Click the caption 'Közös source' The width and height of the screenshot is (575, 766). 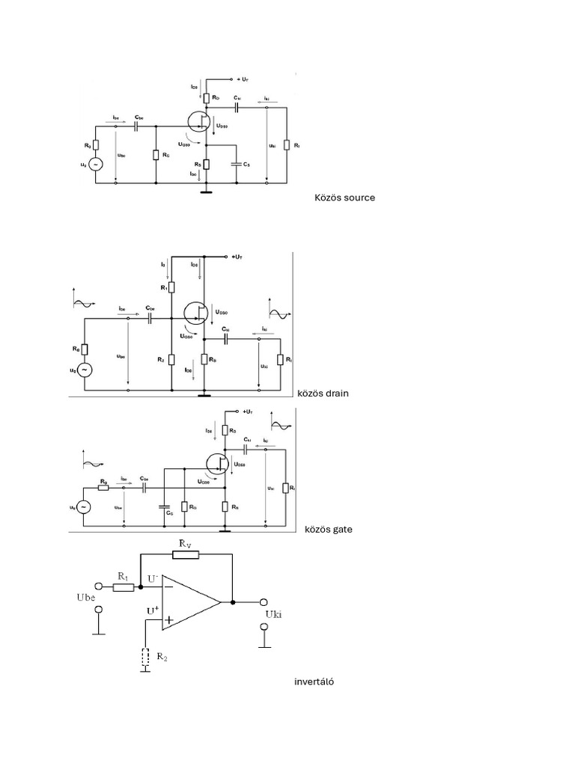pyautogui.click(x=344, y=198)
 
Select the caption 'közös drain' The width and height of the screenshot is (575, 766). pyautogui.click(x=323, y=393)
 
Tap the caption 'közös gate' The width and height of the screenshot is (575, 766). pyautogui.click(x=328, y=530)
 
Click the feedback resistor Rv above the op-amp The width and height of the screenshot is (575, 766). pyautogui.click(x=185, y=554)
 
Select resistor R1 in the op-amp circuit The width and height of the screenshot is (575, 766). pyautogui.click(x=124, y=587)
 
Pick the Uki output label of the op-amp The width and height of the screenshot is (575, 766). pyautogui.click(x=276, y=615)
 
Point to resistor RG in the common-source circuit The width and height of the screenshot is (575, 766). pyautogui.click(x=155, y=155)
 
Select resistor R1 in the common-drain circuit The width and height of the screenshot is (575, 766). pyautogui.click(x=171, y=287)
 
